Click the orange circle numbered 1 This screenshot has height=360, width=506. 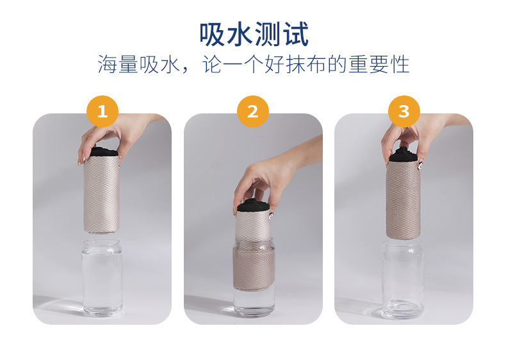tap(102, 111)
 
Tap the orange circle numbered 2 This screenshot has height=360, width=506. tap(253, 111)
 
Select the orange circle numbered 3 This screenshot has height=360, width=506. tap(404, 111)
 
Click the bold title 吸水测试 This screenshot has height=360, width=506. tap(254, 34)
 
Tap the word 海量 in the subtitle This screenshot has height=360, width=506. tap(118, 65)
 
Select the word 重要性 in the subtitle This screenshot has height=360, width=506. tap(379, 65)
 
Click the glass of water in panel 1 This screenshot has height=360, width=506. tap(102, 277)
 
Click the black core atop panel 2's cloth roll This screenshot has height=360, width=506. tap(253, 206)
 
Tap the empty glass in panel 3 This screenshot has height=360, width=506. tap(403, 279)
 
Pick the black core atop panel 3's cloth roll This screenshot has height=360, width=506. tap(404, 155)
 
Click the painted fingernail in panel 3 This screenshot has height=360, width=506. tap(420, 166)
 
